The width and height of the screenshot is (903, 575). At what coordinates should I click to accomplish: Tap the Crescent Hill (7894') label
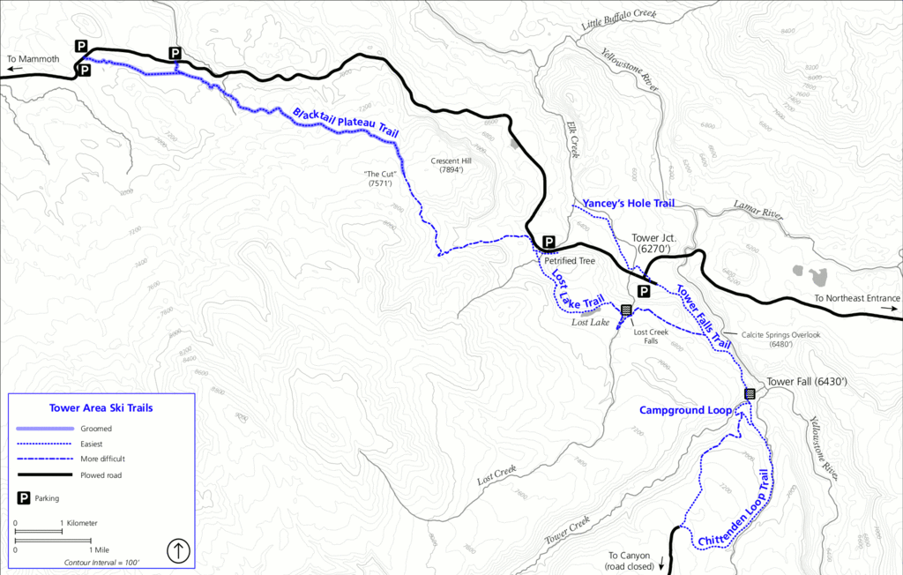click(445, 165)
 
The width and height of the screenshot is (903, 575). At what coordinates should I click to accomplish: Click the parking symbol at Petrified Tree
click(549, 243)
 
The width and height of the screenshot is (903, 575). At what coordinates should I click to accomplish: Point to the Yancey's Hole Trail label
click(628, 204)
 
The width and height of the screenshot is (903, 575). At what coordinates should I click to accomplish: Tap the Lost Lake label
click(590, 323)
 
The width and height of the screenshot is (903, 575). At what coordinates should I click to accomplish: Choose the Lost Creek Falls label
click(646, 336)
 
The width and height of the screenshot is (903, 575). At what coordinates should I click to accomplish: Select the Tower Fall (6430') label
click(807, 382)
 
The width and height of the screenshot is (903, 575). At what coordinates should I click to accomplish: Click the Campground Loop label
click(685, 411)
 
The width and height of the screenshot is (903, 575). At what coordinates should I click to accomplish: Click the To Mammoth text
click(33, 60)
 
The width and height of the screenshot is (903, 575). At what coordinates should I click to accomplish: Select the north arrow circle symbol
click(179, 551)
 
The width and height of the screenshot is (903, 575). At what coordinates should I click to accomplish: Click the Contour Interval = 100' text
click(101, 562)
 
